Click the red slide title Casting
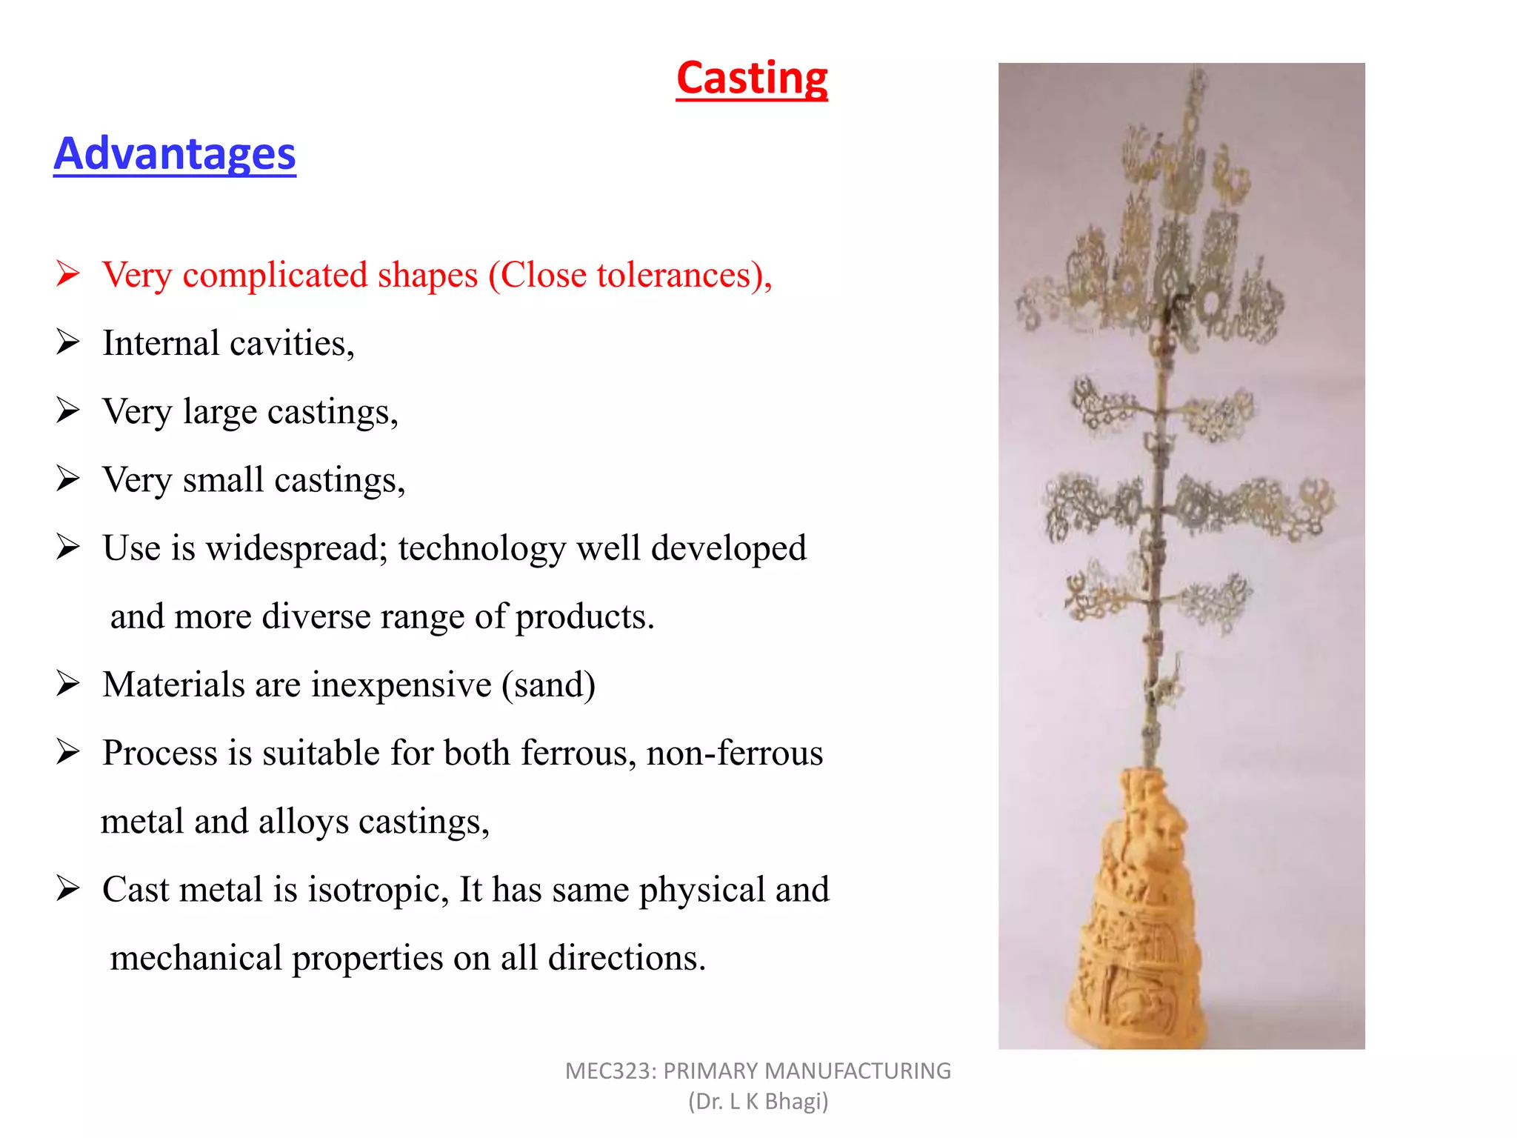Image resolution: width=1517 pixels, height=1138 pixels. point(752,79)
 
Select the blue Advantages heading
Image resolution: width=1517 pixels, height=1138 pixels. point(175,154)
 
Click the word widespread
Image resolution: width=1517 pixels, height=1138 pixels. point(296,549)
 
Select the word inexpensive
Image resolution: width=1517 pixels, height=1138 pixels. point(401,685)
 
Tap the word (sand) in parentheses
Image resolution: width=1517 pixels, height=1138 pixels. point(548,685)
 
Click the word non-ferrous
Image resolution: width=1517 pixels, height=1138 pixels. point(734,753)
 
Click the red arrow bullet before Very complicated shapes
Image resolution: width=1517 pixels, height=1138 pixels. point(68,274)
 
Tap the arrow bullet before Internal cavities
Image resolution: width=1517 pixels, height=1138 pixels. point(68,342)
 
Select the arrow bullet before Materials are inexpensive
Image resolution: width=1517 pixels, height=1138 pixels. point(68,684)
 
